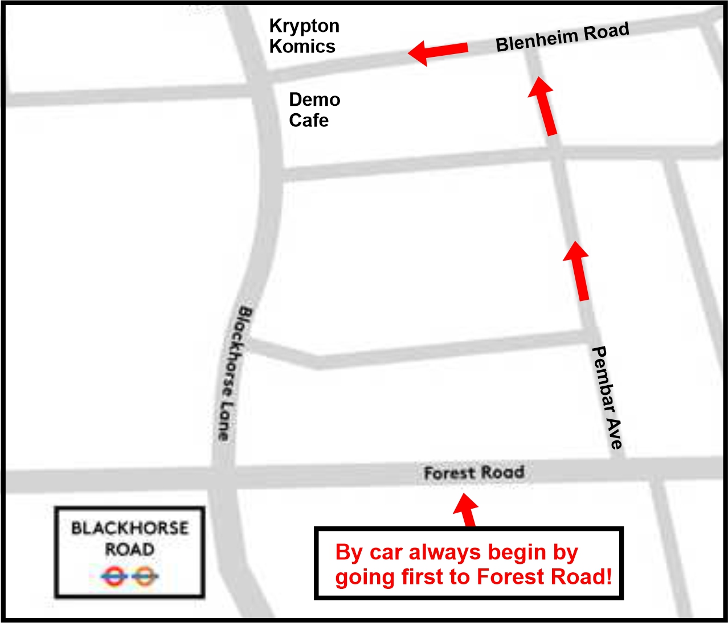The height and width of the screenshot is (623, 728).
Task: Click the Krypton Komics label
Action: [x=304, y=36]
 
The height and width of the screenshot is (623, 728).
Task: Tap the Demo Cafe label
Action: [x=314, y=110]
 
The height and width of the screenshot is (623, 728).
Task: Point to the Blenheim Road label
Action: [x=562, y=37]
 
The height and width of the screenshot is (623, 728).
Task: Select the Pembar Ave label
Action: [x=607, y=397]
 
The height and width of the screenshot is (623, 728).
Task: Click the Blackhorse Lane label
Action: [x=234, y=373]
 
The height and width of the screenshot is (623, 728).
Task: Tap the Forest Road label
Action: [x=474, y=473]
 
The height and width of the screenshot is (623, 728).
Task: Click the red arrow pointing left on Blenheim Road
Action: [x=438, y=52]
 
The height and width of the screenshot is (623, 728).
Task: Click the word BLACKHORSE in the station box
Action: [x=130, y=528]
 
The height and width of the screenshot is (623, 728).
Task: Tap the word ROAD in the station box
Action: [x=130, y=550]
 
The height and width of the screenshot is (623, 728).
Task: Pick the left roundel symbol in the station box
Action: [x=114, y=577]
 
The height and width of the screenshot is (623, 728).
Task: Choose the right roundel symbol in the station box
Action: [x=146, y=577]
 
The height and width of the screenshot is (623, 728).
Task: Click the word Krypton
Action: [x=304, y=26]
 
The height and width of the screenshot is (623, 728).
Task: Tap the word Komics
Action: [x=302, y=46]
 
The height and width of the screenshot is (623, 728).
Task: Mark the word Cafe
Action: [x=309, y=120]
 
